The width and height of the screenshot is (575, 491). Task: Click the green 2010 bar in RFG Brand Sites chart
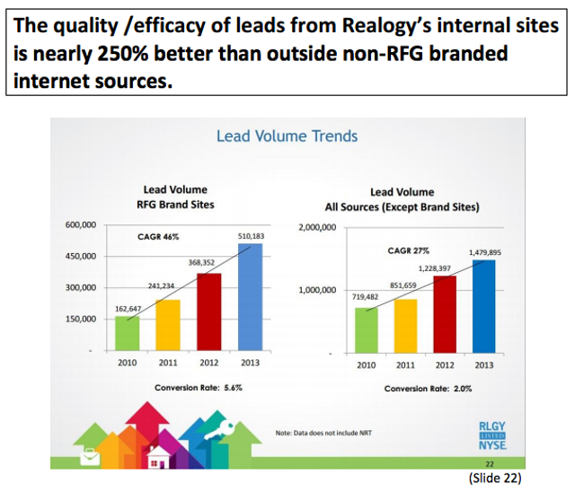tap(128, 333)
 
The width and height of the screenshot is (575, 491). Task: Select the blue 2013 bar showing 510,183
tap(250, 297)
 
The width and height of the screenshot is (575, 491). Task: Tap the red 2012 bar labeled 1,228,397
tap(445, 314)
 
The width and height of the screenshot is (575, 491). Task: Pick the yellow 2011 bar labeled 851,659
tap(405, 326)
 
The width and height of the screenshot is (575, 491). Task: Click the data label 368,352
tap(201, 262)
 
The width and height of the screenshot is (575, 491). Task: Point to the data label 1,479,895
tap(485, 252)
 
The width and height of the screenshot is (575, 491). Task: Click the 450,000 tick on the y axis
tap(81, 256)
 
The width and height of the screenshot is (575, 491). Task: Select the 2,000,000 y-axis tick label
tap(317, 227)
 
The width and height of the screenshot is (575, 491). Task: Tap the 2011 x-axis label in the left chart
tap(168, 363)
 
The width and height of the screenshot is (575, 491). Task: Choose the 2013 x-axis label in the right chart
tap(484, 365)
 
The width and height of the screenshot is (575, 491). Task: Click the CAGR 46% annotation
tap(158, 237)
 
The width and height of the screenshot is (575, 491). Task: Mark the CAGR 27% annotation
tap(408, 250)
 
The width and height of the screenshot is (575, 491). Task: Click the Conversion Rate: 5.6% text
tap(199, 388)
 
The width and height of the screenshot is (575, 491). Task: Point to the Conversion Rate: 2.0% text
tap(428, 389)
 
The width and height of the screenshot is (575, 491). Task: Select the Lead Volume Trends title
tap(287, 136)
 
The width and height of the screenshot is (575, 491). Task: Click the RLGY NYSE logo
tap(492, 435)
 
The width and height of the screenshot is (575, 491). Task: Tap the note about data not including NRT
tap(323, 433)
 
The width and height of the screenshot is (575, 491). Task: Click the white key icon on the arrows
tap(219, 431)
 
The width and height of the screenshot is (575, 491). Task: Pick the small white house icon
tap(158, 458)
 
